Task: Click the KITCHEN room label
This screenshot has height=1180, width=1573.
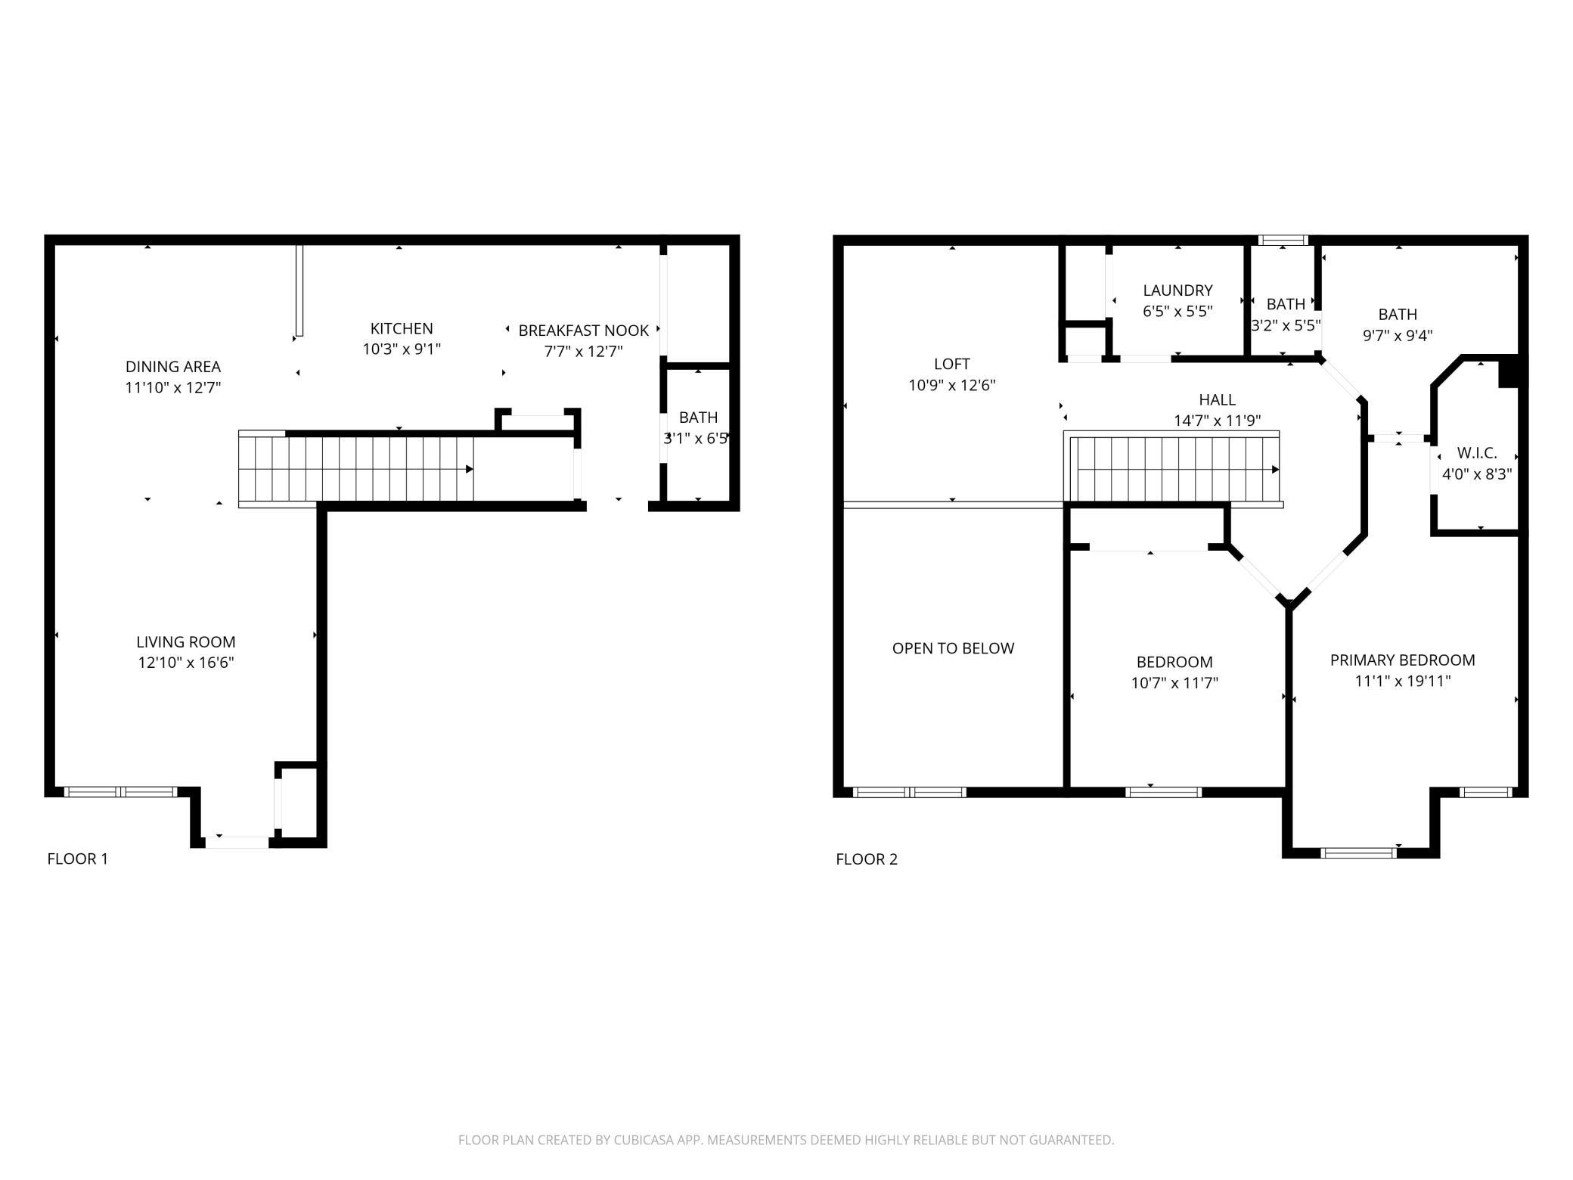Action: (x=402, y=328)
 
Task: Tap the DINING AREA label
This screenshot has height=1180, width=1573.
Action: (x=173, y=367)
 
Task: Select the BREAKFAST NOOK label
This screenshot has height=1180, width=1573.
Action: (x=583, y=331)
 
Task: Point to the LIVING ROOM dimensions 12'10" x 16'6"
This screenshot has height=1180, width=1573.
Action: (x=186, y=663)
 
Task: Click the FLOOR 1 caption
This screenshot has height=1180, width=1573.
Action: (x=78, y=859)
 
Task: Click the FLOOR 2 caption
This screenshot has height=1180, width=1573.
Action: (x=867, y=859)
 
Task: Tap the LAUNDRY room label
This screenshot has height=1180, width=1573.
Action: (x=1177, y=290)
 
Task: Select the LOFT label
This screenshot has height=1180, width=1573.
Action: (x=952, y=364)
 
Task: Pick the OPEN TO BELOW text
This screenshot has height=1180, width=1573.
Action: (x=953, y=648)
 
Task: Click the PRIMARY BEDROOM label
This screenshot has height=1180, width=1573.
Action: (x=1402, y=660)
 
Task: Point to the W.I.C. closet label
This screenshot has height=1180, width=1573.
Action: (x=1477, y=453)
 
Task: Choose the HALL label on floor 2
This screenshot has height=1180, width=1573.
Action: (x=1217, y=399)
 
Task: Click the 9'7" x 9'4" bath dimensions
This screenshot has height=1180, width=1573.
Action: (x=1398, y=335)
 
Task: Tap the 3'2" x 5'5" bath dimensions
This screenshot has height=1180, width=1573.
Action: (x=1286, y=325)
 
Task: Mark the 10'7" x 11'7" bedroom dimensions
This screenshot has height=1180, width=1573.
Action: (x=1174, y=683)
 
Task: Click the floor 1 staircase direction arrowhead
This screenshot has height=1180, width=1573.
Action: (x=470, y=470)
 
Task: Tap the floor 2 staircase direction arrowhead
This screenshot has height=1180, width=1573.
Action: (x=1276, y=470)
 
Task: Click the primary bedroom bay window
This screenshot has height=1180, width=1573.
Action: (x=1359, y=852)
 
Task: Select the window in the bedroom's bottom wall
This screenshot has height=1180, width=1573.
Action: (x=1163, y=793)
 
